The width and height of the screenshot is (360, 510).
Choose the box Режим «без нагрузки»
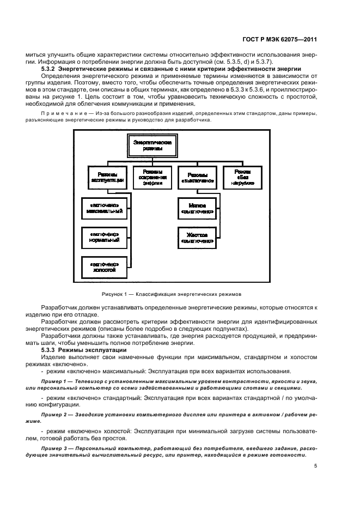(242, 174)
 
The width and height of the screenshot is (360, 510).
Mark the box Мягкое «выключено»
(198, 207)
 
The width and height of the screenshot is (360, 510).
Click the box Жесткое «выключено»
(198, 236)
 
